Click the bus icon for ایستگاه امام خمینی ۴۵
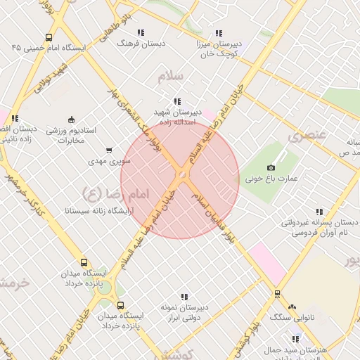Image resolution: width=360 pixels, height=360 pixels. [48, 38]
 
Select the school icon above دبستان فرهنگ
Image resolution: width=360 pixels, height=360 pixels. [141, 32]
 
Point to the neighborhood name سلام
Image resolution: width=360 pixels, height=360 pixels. [172, 75]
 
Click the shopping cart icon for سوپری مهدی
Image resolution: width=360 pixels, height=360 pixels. [108, 150]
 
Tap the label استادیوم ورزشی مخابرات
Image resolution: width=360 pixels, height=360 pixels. [76, 136]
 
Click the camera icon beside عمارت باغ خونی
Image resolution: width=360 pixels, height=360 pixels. [271, 167]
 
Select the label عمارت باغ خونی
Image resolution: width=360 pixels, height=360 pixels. [267, 179]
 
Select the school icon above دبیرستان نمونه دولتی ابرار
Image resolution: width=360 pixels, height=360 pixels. [184, 297]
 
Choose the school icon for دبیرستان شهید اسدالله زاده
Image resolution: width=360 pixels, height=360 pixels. [176, 101]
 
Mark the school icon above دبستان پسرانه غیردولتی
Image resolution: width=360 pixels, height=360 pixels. [320, 212]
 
